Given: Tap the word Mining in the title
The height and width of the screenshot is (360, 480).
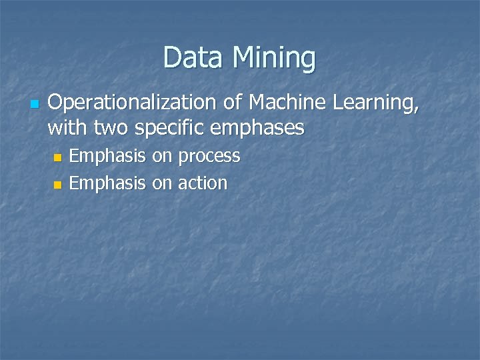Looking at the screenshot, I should pos(274,59).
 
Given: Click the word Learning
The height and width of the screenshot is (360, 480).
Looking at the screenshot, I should pos(381,103).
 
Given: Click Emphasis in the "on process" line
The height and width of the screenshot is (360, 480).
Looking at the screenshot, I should pos(107,157).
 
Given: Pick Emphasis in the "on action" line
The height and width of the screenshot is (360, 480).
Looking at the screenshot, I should pos(107,183).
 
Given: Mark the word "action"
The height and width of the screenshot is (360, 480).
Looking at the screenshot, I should pos(202,183).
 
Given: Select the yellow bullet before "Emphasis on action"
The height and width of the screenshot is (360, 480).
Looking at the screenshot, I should pos(57,184).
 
